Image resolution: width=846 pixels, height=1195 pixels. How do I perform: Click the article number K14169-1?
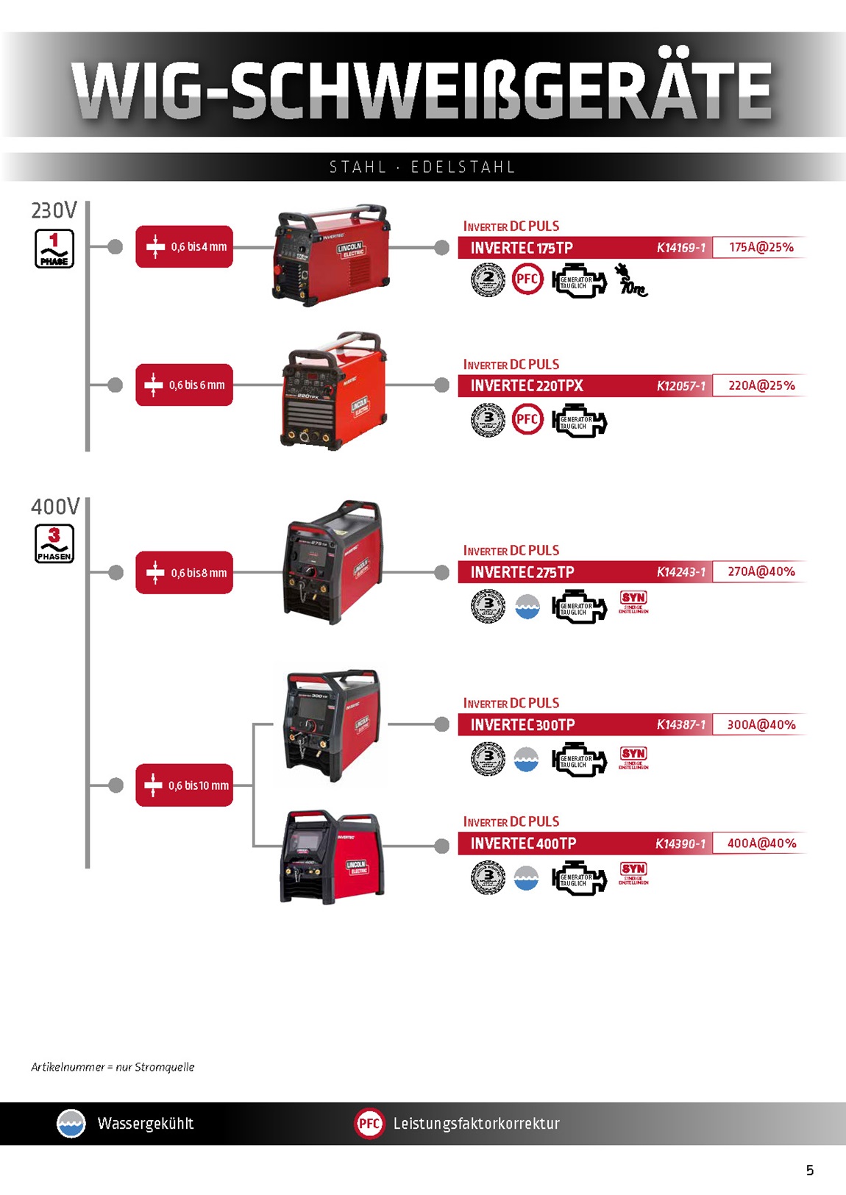[x=680, y=248]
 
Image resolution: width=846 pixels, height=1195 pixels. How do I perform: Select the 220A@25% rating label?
[x=761, y=385]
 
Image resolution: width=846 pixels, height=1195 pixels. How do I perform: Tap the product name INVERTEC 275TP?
[x=522, y=572]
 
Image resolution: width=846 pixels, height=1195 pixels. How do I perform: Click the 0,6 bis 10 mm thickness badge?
[x=184, y=785]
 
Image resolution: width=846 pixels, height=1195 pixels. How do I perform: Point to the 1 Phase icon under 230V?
[x=54, y=249]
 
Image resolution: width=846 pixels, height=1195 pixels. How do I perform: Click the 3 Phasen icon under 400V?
[x=54, y=544]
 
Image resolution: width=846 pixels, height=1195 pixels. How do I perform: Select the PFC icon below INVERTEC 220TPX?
[x=527, y=420]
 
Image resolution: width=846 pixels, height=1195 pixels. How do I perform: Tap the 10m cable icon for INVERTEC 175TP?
[x=631, y=280]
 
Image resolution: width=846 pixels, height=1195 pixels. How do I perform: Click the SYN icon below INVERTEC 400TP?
[x=633, y=872]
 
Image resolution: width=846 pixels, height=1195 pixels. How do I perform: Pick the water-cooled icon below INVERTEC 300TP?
[x=526, y=760]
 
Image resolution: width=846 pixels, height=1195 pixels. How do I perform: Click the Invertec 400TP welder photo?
[x=333, y=857]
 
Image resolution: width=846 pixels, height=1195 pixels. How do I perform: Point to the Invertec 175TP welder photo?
[x=331, y=255]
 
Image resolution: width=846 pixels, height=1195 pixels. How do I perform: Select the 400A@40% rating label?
[x=761, y=843]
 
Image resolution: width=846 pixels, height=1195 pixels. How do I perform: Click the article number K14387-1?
[x=680, y=725]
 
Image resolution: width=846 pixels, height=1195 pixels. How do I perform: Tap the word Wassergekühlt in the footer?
[x=146, y=1124]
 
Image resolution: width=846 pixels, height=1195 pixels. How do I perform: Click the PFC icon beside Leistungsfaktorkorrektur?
[x=369, y=1124]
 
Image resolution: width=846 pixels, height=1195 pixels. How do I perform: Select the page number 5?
[x=810, y=1170]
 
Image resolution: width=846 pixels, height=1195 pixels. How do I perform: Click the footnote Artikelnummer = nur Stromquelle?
[x=113, y=1067]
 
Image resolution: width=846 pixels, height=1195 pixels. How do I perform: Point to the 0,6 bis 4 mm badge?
[x=184, y=247]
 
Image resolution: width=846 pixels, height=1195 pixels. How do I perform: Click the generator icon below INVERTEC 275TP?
[x=580, y=607]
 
